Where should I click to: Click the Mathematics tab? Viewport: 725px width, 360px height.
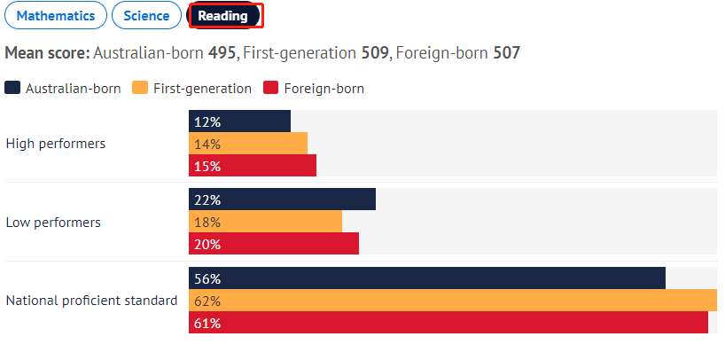pyautogui.click(x=55, y=16)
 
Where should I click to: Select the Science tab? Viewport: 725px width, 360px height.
pyautogui.click(x=146, y=16)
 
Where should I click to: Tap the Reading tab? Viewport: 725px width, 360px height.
pyautogui.click(x=222, y=16)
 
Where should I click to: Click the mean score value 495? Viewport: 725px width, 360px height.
pyautogui.click(x=222, y=53)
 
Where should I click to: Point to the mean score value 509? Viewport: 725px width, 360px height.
pyautogui.click(x=375, y=53)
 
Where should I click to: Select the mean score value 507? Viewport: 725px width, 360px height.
pyautogui.click(x=506, y=53)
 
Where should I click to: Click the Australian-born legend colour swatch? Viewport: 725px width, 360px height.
pyautogui.click(x=12, y=88)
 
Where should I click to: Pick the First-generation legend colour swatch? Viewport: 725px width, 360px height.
pyautogui.click(x=139, y=88)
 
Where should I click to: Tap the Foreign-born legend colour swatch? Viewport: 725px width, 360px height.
pyautogui.click(x=270, y=88)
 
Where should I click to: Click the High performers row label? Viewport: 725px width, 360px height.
pyautogui.click(x=56, y=144)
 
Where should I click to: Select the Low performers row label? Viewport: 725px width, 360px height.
pyautogui.click(x=53, y=223)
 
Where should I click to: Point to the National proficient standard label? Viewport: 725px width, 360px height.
pyautogui.click(x=91, y=301)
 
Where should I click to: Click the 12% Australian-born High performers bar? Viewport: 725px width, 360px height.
pyautogui.click(x=239, y=121)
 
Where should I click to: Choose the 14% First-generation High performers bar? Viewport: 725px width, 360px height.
pyautogui.click(x=248, y=144)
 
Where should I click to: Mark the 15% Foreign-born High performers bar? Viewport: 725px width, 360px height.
pyautogui.click(x=253, y=166)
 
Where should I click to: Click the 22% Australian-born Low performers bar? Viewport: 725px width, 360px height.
pyautogui.click(x=282, y=200)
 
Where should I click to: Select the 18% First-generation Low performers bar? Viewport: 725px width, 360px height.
pyautogui.click(x=265, y=222)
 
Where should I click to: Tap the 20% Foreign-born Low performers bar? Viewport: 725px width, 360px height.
pyautogui.click(x=274, y=244)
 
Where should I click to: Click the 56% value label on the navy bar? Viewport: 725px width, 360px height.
pyautogui.click(x=207, y=278)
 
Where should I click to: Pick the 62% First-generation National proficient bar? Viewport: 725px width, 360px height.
pyautogui.click(x=452, y=301)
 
